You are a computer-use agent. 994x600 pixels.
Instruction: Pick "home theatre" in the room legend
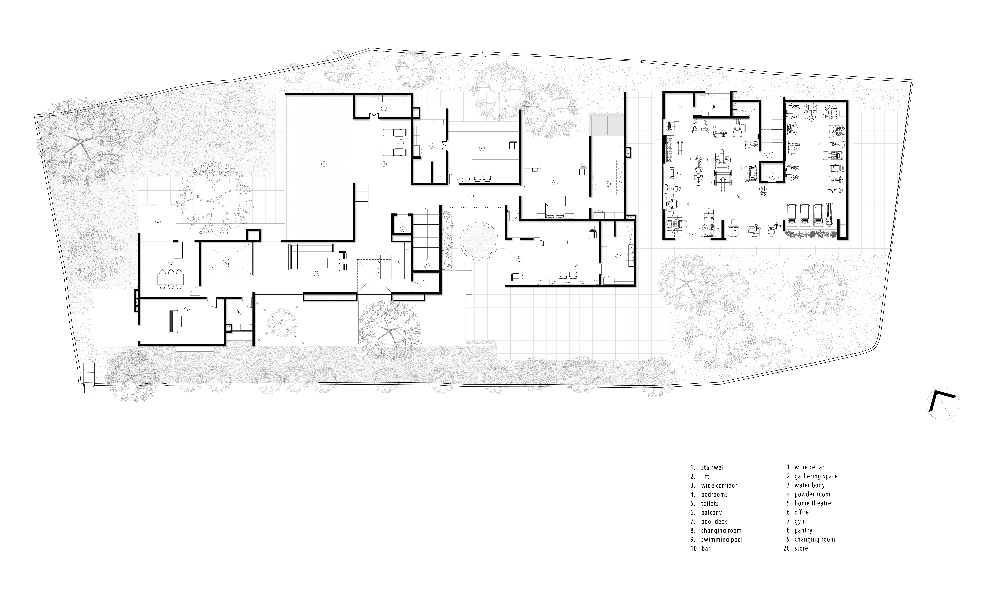[x=813, y=503]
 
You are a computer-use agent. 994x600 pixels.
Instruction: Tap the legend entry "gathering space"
[x=816, y=476]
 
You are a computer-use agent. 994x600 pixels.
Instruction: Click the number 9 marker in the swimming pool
[x=323, y=164]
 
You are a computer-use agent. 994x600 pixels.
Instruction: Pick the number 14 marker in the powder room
[x=239, y=312]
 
